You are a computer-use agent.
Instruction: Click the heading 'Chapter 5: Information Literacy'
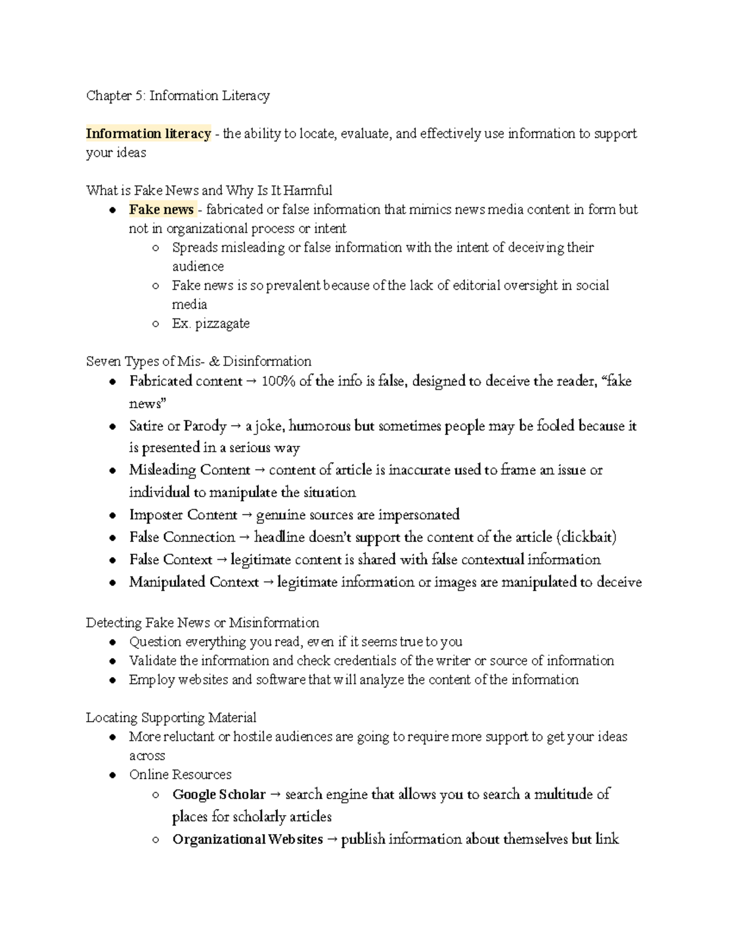pyautogui.click(x=178, y=96)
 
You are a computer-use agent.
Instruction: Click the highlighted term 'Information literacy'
pyautogui.click(x=148, y=134)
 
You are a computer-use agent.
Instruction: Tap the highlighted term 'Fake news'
pyautogui.click(x=161, y=210)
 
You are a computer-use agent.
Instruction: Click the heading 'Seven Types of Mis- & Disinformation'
pyautogui.click(x=199, y=362)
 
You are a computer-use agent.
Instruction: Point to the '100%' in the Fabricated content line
pyautogui.click(x=278, y=381)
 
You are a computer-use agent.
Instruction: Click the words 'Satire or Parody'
pyautogui.click(x=178, y=426)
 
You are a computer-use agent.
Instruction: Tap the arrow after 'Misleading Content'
pyautogui.click(x=259, y=471)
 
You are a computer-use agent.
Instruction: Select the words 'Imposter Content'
pyautogui.click(x=183, y=515)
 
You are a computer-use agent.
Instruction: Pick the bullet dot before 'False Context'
pyautogui.click(x=112, y=560)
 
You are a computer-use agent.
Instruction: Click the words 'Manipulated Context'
pyautogui.click(x=194, y=582)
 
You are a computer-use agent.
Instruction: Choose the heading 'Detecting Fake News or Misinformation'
pyautogui.click(x=202, y=623)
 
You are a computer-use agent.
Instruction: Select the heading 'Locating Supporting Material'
pyautogui.click(x=171, y=717)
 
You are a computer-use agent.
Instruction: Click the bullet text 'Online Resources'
pyautogui.click(x=180, y=775)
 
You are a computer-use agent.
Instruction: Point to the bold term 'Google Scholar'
pyautogui.click(x=219, y=795)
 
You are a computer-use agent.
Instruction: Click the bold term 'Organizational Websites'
pyautogui.click(x=247, y=840)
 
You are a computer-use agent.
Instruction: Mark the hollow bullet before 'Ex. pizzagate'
pyautogui.click(x=156, y=324)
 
